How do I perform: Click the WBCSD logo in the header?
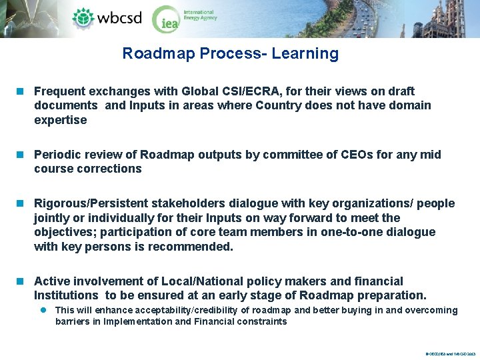tap(107, 17)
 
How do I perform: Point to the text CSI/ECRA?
tap(261, 91)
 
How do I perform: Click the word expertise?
tap(61, 120)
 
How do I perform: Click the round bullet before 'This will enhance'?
tap(42, 310)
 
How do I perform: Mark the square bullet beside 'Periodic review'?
tap(22, 155)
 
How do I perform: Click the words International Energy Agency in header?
tap(199, 15)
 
